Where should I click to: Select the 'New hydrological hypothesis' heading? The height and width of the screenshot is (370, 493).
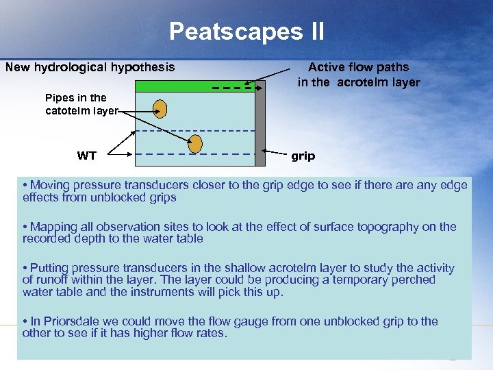(x=90, y=67)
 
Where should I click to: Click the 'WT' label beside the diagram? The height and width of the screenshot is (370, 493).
(x=87, y=156)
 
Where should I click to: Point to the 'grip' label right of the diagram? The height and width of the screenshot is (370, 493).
(x=303, y=156)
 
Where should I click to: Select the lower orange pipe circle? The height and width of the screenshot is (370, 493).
(x=195, y=143)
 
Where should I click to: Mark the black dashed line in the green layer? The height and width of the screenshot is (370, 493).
(x=232, y=87)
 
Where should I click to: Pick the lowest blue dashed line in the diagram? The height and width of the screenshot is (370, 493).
(x=195, y=155)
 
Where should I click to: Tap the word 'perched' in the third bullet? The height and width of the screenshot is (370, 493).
(x=409, y=280)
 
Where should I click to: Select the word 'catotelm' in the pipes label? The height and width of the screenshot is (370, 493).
(x=65, y=110)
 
